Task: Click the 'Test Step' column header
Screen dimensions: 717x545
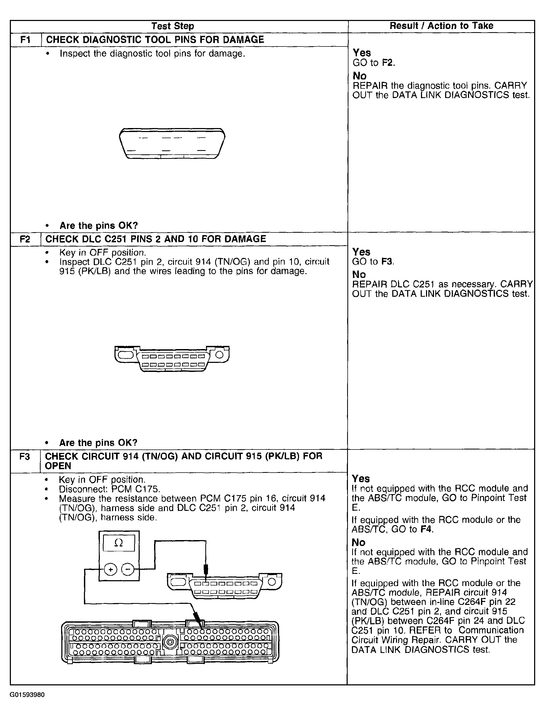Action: click(x=173, y=26)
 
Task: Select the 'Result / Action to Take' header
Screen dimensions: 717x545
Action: click(x=441, y=26)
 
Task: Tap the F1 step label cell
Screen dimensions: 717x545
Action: click(x=25, y=40)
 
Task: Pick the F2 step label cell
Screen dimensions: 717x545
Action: click(x=25, y=239)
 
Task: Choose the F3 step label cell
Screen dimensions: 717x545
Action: click(x=25, y=456)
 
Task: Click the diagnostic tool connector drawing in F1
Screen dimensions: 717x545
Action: click(x=172, y=143)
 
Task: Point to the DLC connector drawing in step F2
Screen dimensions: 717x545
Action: click(x=172, y=359)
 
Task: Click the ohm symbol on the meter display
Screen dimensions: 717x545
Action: click(x=119, y=543)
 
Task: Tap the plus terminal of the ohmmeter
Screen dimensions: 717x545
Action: click(x=111, y=569)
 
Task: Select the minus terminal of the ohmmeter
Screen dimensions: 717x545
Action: click(x=127, y=569)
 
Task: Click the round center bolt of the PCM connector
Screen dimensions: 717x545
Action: click(x=170, y=642)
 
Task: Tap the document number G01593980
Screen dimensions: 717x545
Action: click(x=27, y=695)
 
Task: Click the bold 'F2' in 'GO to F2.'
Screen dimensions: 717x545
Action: click(x=388, y=63)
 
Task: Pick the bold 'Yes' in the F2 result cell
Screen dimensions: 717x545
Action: click(x=361, y=252)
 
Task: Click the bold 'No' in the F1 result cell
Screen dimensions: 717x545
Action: click(x=359, y=76)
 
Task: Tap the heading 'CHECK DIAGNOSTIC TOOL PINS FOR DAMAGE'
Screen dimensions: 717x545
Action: click(x=155, y=40)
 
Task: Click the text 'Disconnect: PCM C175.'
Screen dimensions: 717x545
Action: click(x=110, y=489)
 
